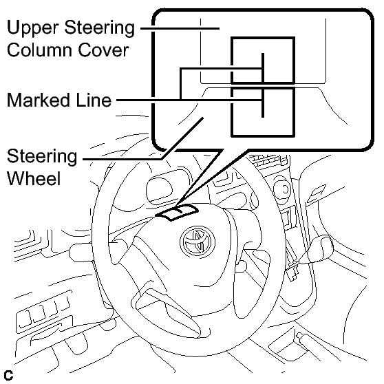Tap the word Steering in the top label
click(x=99, y=28)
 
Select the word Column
click(x=40, y=50)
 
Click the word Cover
click(x=103, y=50)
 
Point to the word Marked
click(x=39, y=100)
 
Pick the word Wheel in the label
click(x=34, y=178)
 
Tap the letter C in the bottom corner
click(x=8, y=376)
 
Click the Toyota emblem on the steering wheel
click(x=198, y=242)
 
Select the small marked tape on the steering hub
click(x=177, y=212)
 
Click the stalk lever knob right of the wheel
click(x=320, y=249)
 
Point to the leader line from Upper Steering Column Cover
click(x=180, y=28)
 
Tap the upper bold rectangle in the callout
click(x=263, y=61)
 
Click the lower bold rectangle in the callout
click(x=263, y=111)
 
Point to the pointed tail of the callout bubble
click(x=177, y=204)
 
